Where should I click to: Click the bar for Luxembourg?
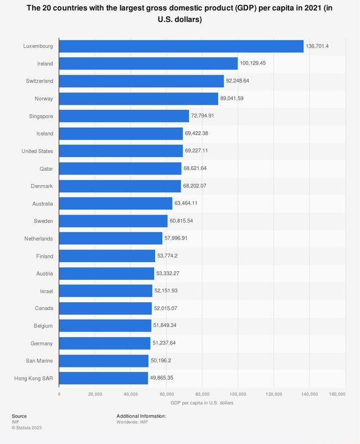pyautogui.click(x=181, y=46)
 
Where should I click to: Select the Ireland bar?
pyautogui.click(x=148, y=64)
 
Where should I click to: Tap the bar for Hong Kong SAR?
pyautogui.click(x=103, y=378)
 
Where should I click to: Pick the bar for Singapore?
pyautogui.click(x=124, y=116)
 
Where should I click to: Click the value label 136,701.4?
pyautogui.click(x=317, y=46)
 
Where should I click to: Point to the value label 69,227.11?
pyautogui.click(x=196, y=151)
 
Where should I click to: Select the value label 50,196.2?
pyautogui.click(x=161, y=361)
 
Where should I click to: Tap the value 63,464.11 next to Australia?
pyautogui.click(x=186, y=203)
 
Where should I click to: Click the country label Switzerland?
pyautogui.click(x=39, y=81)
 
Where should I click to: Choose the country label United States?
pyautogui.click(x=37, y=151)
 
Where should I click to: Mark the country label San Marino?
pyautogui.click(x=39, y=361)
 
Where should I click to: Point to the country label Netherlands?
pyautogui.click(x=39, y=239)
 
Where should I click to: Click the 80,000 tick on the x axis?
pyautogui.click(x=202, y=394)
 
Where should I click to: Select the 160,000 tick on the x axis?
pyautogui.click(x=337, y=394)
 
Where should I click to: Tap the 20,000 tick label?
pyautogui.click(x=94, y=394)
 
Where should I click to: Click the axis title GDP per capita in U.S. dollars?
pyautogui.click(x=202, y=403)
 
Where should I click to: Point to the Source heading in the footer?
pyautogui.click(x=19, y=416)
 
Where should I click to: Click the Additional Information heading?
pyautogui.click(x=141, y=416)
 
